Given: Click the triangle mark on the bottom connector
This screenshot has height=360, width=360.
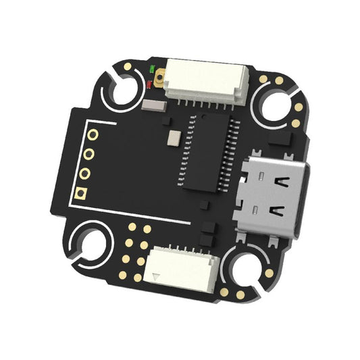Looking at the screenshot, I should coord(156,276).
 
